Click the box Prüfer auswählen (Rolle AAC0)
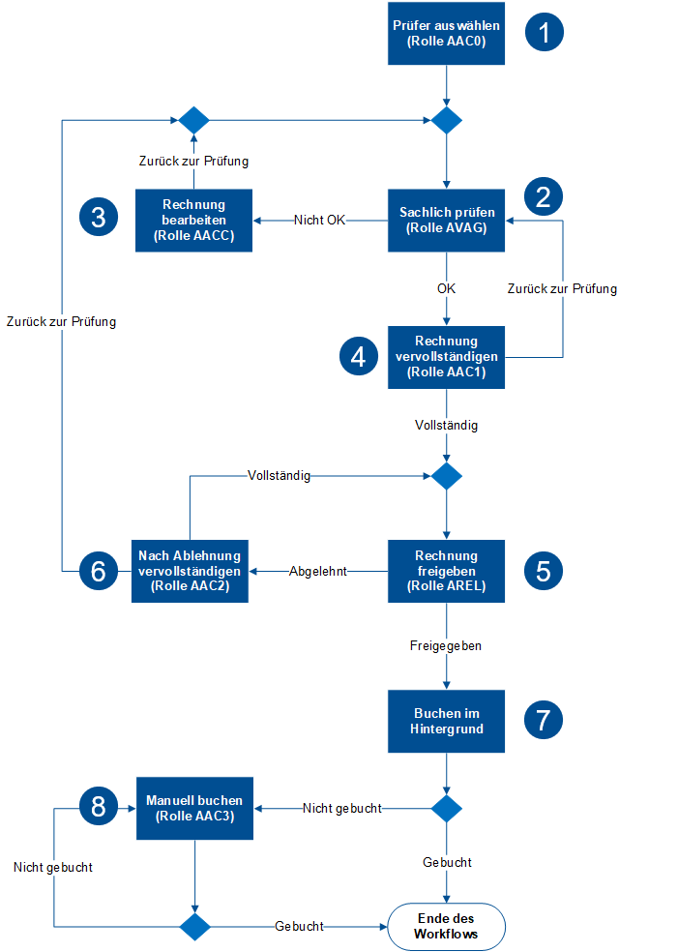coord(446,34)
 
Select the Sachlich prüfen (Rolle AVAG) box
coord(446,221)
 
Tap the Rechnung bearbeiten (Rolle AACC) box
coord(193,221)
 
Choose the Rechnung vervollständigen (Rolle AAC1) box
coord(446,357)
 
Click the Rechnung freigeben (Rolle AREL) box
coord(446,571)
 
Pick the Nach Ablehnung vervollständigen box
coord(190,571)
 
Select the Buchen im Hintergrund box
coord(446,721)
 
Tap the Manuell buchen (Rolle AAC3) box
coord(194,808)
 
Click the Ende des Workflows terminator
coord(446,926)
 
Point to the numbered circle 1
coord(544,32)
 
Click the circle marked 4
coord(359,356)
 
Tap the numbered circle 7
coord(544,720)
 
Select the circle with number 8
coord(98,807)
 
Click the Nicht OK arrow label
coord(319,221)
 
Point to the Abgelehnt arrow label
coord(317,571)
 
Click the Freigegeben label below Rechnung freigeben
coord(446,643)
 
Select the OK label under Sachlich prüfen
coord(446,288)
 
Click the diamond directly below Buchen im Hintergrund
coord(446,808)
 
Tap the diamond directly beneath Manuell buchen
coord(194,926)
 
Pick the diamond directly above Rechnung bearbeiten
coord(193,120)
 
